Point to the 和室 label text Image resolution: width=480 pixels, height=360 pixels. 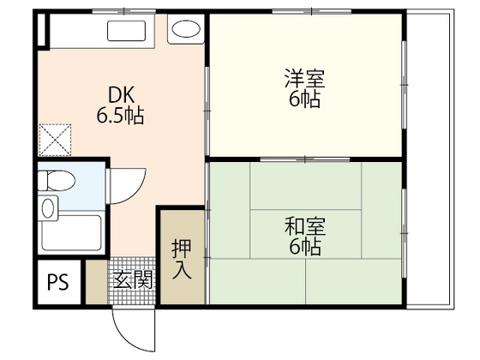click(x=304, y=228)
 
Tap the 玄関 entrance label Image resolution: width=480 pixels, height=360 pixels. click(x=132, y=279)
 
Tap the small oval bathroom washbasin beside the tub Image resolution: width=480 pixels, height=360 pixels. click(x=49, y=208)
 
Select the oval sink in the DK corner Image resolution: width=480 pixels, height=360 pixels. click(x=183, y=32)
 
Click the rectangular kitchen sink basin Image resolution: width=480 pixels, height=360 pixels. click(x=129, y=33)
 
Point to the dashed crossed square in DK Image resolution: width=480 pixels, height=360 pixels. click(x=56, y=139)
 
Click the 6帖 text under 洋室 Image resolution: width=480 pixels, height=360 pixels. click(x=304, y=99)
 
